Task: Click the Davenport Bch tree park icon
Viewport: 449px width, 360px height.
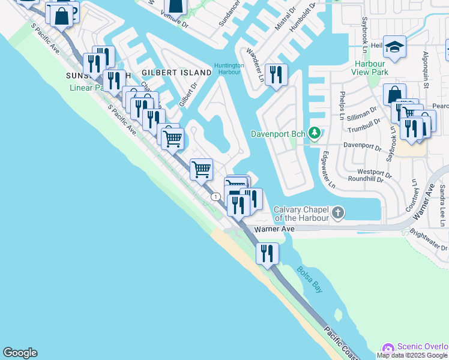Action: pyautogui.click(x=314, y=133)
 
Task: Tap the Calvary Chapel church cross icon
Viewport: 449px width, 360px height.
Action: pyautogui.click(x=339, y=212)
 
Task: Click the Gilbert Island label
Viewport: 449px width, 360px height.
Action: pyautogui.click(x=176, y=73)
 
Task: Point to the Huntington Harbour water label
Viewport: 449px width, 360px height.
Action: pyautogui.click(x=229, y=69)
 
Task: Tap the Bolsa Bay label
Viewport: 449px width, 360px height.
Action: pyautogui.click(x=309, y=279)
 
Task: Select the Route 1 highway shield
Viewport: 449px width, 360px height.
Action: pyautogui.click(x=215, y=197)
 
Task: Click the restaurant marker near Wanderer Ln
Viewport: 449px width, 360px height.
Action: pyautogui.click(x=276, y=74)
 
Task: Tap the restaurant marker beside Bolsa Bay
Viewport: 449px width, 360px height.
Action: pyautogui.click(x=267, y=253)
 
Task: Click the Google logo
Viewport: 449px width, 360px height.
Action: pyautogui.click(x=20, y=353)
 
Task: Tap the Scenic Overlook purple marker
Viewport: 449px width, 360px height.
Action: pyautogui.click(x=388, y=348)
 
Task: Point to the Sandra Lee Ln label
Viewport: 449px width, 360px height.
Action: pyautogui.click(x=442, y=201)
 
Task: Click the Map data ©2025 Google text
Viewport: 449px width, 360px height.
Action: pyautogui.click(x=412, y=355)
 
